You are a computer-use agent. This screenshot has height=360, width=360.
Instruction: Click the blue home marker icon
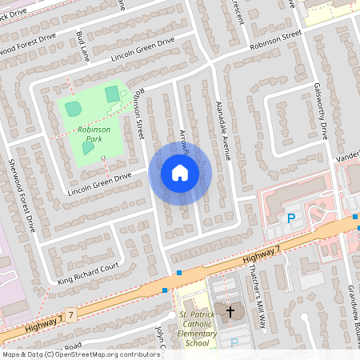pyautogui.click(x=179, y=173)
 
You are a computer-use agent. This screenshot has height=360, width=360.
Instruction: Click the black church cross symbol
pyautogui.click(x=231, y=310)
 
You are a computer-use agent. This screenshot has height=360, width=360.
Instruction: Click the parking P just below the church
pyautogui.click(x=234, y=342)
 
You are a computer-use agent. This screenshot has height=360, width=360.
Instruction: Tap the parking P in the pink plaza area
pyautogui.click(x=291, y=218)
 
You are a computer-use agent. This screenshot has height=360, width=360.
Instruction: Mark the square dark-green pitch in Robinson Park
pyautogui.click(x=113, y=94)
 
